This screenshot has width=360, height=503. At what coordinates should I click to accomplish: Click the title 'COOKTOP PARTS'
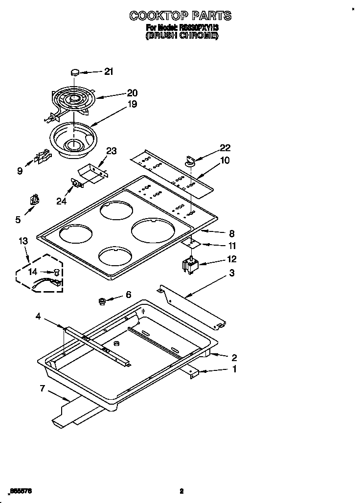tap(180, 16)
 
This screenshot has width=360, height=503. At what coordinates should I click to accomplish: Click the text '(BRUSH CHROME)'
tap(181, 36)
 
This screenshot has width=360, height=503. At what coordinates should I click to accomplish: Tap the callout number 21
tap(108, 71)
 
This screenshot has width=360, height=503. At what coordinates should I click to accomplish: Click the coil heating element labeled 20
tap(73, 100)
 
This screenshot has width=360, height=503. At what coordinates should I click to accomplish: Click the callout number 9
tap(20, 171)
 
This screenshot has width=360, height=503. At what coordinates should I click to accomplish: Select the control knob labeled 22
tap(190, 159)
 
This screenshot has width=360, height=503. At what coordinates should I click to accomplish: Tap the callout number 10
tap(225, 160)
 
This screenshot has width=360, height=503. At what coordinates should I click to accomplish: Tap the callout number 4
tap(38, 317)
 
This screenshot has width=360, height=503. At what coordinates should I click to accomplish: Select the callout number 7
tap(43, 389)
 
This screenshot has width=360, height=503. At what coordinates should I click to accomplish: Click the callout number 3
tap(232, 273)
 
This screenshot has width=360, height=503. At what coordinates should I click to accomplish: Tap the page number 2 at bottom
tap(181, 491)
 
